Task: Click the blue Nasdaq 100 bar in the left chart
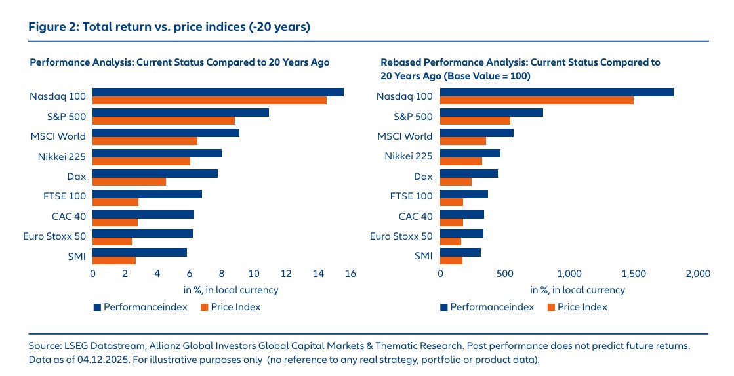pos(218,93)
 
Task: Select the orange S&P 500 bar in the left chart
pos(163,121)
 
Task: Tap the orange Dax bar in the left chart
pos(129,182)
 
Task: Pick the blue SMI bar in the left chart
pos(140,252)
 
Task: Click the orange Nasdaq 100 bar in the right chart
pos(537,100)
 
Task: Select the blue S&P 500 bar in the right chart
pos(491,112)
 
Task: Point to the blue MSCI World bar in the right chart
pos(477,133)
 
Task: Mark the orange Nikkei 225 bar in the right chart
pos(461,161)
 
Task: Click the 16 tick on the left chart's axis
pos(350,274)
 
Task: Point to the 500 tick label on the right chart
pos(504,274)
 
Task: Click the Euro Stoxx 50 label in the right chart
pos(401,236)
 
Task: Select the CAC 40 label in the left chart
pos(68,216)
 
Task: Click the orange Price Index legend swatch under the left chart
pos(203,307)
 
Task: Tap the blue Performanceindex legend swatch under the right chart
pos(444,307)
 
